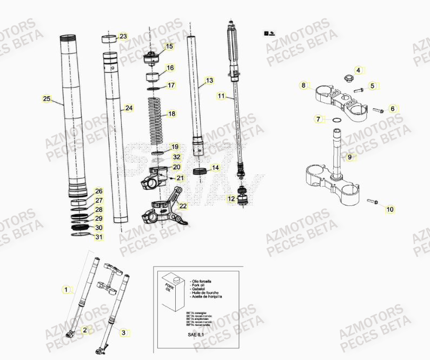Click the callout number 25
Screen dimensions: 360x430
click(x=47, y=98)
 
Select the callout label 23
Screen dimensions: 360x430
click(x=123, y=37)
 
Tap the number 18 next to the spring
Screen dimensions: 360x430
click(x=171, y=114)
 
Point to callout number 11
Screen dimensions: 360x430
click(x=221, y=96)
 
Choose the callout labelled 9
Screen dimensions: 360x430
click(x=349, y=157)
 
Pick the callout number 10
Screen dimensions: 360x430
click(x=390, y=209)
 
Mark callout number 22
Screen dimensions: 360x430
click(x=183, y=206)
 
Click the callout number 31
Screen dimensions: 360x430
click(x=98, y=237)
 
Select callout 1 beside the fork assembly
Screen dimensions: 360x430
click(x=66, y=290)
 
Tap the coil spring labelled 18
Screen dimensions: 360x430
click(x=157, y=115)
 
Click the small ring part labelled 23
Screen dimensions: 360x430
click(x=109, y=38)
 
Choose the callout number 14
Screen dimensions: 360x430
click(x=215, y=168)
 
